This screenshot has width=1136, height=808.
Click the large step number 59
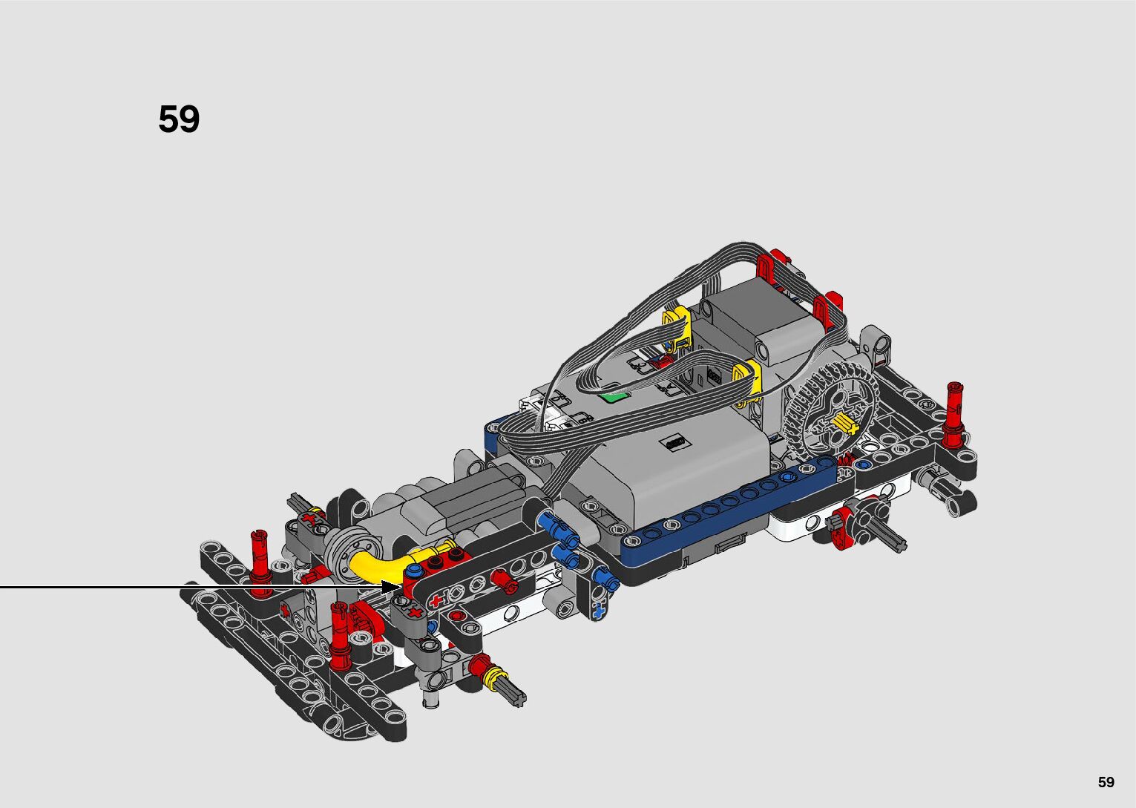[179, 119]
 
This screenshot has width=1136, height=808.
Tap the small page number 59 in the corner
[1106, 781]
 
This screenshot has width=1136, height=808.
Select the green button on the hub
[614, 396]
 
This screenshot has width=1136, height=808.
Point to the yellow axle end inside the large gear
[844, 424]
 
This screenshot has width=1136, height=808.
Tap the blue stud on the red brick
[415, 570]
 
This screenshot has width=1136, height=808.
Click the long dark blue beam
[730, 512]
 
